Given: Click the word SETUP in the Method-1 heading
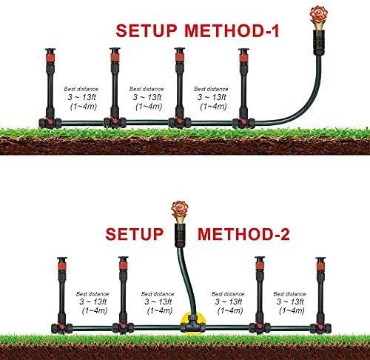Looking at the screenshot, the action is (x=147, y=30).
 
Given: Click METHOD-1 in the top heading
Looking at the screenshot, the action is (x=232, y=30).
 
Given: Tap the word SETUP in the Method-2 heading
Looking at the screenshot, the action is (x=135, y=234).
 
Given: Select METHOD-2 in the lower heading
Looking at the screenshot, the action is (x=243, y=234).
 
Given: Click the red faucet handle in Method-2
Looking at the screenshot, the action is (x=180, y=209).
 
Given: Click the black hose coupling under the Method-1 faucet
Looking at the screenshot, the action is (x=318, y=42).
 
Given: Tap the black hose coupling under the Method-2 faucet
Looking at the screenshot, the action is (x=180, y=235).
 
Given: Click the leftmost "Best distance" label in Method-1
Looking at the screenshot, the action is (x=81, y=89).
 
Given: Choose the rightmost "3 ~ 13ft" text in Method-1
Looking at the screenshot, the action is (x=212, y=97).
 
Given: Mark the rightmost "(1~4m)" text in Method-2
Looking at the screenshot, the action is (x=292, y=310).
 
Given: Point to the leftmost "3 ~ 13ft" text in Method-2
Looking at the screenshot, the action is (x=93, y=301).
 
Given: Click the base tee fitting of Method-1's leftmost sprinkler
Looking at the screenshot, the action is (x=50, y=123).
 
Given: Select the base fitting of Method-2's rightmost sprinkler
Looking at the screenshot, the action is (x=320, y=328).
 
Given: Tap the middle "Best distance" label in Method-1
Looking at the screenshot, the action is (x=147, y=89).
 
